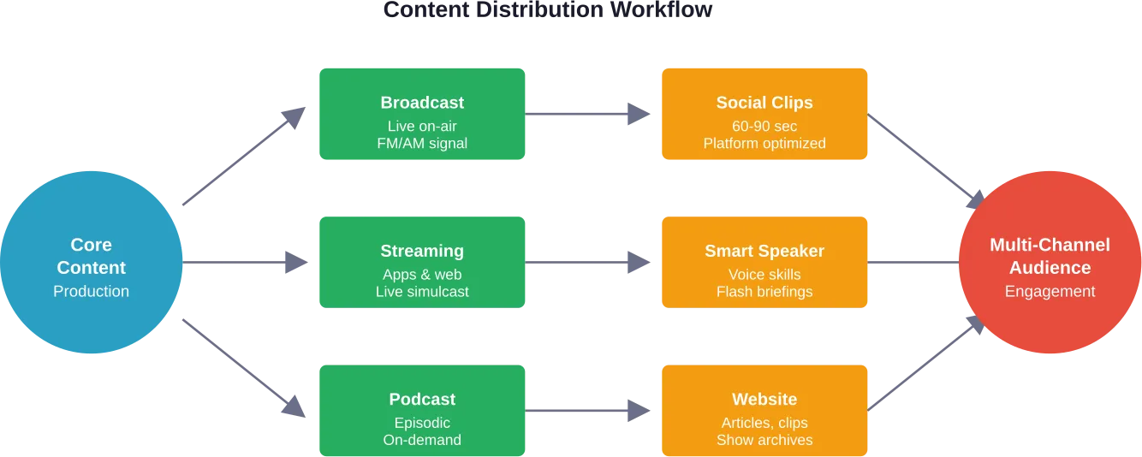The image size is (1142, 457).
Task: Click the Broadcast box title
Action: tap(422, 103)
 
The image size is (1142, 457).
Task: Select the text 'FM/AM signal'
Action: tap(422, 144)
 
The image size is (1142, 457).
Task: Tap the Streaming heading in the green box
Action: tap(422, 251)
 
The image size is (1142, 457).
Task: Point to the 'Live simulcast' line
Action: tap(422, 292)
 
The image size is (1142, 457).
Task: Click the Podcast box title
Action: tap(422, 400)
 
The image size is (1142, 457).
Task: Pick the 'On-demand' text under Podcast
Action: tap(422, 440)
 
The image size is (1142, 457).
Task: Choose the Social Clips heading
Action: tap(764, 103)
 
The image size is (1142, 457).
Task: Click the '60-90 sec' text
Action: tap(764, 126)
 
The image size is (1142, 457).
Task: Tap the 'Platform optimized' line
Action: tap(764, 144)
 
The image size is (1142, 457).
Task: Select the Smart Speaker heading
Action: tap(764, 251)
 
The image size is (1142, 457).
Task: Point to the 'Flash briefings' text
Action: tap(764, 292)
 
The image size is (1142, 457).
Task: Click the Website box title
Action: tap(764, 400)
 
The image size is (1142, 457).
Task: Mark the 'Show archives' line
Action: tap(764, 440)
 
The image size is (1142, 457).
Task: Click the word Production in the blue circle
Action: tap(91, 291)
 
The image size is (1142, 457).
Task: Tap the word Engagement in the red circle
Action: tap(1050, 291)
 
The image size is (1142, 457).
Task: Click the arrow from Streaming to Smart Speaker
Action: tap(591, 263)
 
